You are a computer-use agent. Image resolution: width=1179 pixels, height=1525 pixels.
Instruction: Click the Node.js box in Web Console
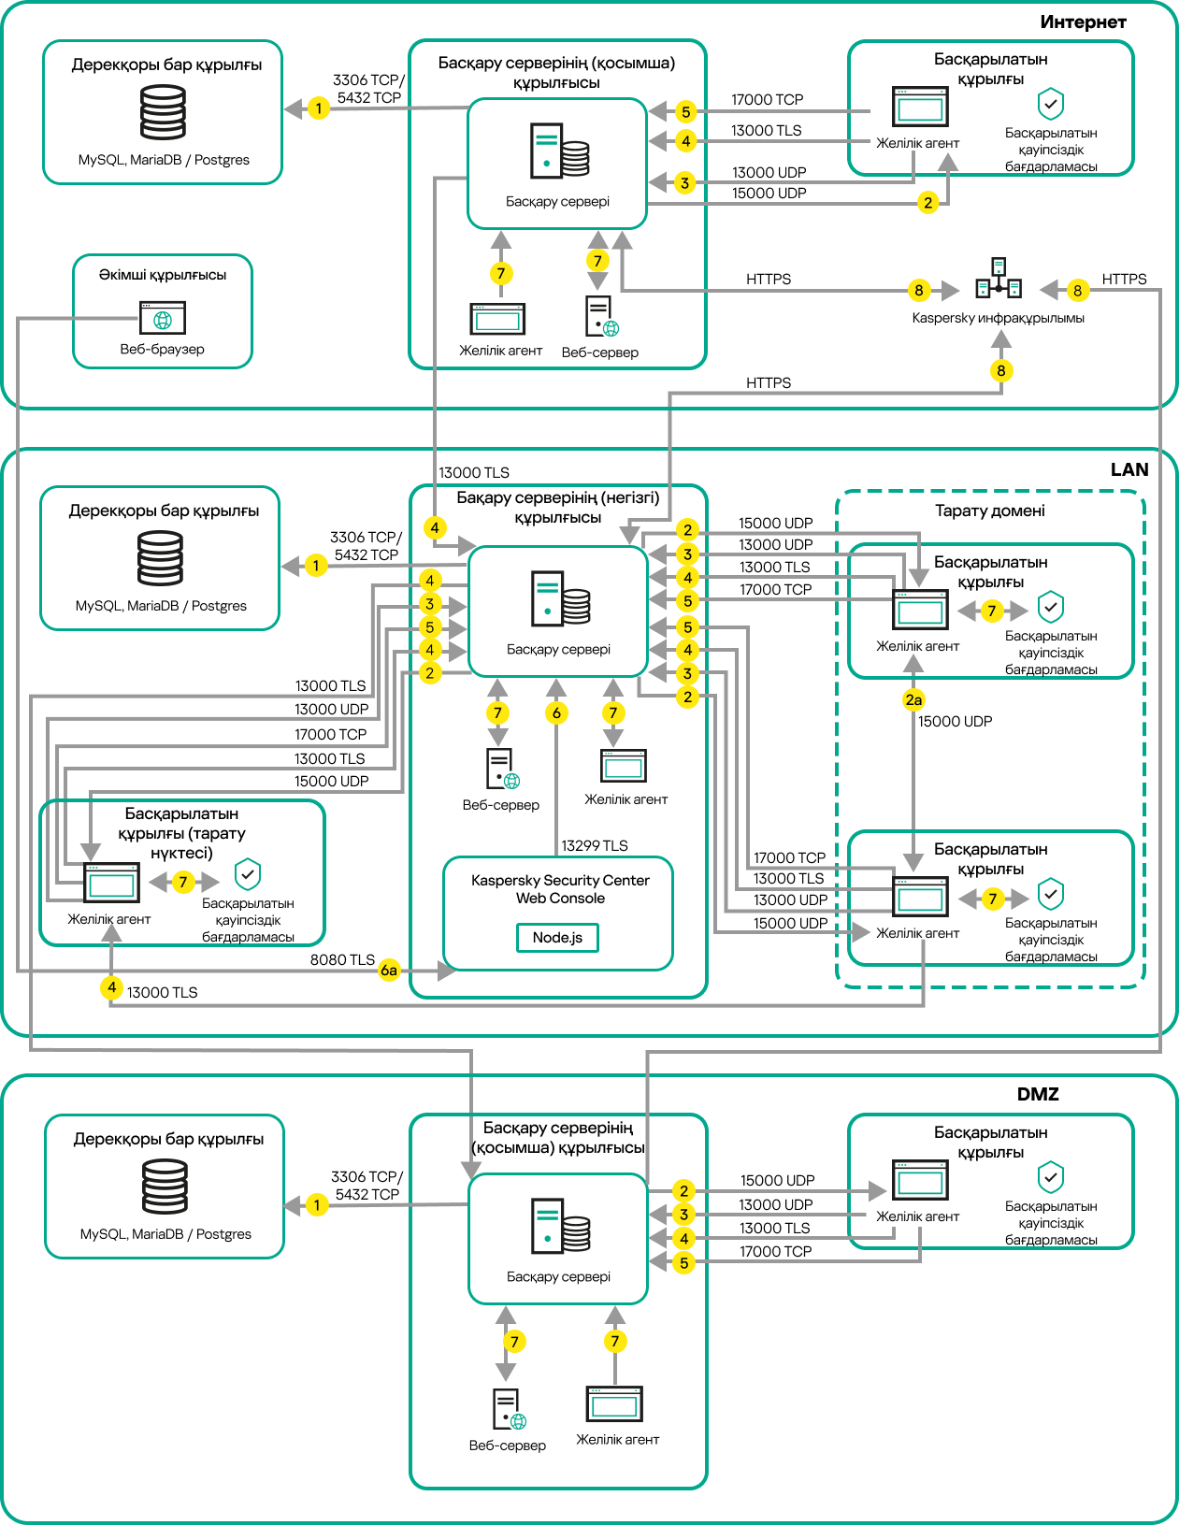(557, 937)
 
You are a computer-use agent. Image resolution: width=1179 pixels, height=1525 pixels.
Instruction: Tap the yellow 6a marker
(389, 971)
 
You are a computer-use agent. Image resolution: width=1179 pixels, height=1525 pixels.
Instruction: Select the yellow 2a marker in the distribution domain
(913, 699)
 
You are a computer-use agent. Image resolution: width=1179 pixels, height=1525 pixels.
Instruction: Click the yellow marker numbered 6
(556, 713)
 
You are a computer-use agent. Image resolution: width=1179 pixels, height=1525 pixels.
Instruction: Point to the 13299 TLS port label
(594, 845)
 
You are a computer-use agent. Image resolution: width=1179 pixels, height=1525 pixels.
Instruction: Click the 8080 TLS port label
(342, 959)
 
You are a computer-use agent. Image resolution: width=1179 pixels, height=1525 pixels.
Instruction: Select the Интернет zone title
(1083, 22)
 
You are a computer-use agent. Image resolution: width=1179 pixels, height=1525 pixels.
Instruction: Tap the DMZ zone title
(1037, 1094)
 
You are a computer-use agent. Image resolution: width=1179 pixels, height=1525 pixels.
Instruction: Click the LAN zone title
(1129, 469)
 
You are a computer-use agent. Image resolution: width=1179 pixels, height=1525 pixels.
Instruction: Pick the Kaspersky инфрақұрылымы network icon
(999, 279)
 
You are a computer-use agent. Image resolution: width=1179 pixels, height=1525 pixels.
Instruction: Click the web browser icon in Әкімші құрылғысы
(163, 318)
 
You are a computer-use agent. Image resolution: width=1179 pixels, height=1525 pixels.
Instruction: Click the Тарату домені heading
(989, 511)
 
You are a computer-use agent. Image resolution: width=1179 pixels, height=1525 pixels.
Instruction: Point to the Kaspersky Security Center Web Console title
(560, 889)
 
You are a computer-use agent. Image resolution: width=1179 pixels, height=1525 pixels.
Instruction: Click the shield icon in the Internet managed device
(1051, 104)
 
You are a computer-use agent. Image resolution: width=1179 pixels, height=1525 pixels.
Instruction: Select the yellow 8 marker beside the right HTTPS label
(1077, 290)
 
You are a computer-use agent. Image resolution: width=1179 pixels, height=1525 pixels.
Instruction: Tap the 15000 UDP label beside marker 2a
(955, 721)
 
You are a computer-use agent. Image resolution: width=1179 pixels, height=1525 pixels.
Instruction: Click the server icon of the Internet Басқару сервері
(559, 151)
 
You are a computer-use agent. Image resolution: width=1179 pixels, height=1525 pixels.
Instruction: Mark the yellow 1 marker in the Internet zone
(319, 108)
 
